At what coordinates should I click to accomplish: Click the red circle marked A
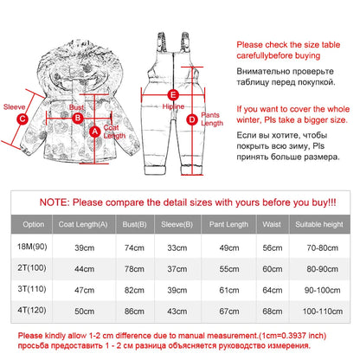point(94,132)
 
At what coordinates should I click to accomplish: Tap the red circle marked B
point(77,118)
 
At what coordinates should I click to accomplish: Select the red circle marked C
point(22,119)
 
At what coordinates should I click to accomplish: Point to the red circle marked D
point(192,119)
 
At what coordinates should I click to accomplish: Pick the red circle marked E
point(173,94)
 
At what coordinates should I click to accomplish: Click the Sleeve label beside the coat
point(14,107)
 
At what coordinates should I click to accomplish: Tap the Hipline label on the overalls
point(173,106)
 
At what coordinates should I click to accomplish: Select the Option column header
point(34,224)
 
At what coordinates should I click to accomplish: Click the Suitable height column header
point(319,224)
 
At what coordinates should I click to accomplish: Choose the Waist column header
point(272,224)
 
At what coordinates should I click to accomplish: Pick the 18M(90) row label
point(32,247)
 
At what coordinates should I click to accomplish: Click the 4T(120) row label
point(32,310)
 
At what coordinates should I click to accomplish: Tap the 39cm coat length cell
point(84,247)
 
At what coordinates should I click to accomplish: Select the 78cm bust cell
point(134,269)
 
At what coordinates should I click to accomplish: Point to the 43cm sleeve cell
point(177,312)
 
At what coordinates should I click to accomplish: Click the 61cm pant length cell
point(229,290)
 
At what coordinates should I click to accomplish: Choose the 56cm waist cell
point(273,247)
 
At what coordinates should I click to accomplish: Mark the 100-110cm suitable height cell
point(323,312)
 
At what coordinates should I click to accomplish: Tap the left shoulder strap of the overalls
point(162,42)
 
